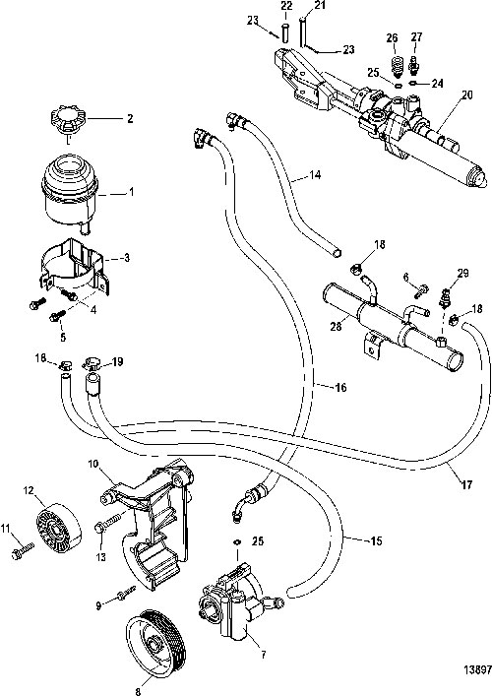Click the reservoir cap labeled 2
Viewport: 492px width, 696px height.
click(x=69, y=119)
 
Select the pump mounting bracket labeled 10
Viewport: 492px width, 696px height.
click(x=151, y=523)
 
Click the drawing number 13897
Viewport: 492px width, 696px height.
click(x=477, y=669)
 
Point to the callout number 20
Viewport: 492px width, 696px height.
click(x=467, y=95)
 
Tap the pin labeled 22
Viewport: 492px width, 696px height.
click(x=284, y=32)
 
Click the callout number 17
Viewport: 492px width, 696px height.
click(x=466, y=484)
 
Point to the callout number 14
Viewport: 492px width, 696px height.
click(x=315, y=175)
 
